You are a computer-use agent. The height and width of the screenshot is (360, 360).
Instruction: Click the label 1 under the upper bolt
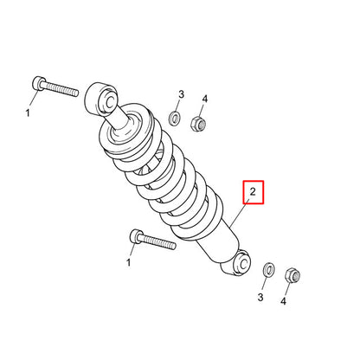(x=27, y=112)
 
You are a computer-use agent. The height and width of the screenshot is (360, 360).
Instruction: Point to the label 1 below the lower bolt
(x=130, y=261)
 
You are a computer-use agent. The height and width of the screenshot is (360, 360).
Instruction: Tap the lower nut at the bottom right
(x=292, y=277)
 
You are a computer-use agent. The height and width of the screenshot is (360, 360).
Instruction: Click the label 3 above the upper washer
(x=181, y=93)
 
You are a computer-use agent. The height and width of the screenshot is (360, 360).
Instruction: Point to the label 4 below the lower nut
(x=283, y=301)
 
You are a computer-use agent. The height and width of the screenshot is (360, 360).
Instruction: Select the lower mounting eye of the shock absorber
(x=237, y=263)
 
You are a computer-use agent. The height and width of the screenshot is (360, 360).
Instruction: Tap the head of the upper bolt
(x=36, y=83)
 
